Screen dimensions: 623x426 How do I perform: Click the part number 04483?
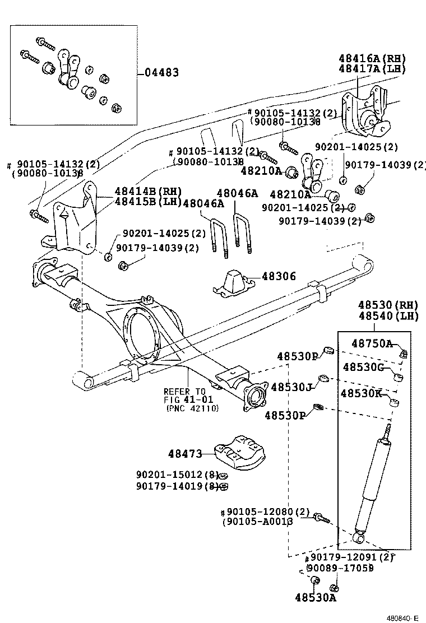point(162,72)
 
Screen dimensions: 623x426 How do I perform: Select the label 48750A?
point(372,343)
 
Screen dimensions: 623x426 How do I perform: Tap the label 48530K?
point(362,393)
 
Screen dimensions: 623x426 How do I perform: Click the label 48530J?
point(291,387)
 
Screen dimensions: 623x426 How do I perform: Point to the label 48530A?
point(315,597)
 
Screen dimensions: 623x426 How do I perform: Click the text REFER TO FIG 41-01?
point(185,396)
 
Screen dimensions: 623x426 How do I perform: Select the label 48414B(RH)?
point(149,192)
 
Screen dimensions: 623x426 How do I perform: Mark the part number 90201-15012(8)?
point(177,475)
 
